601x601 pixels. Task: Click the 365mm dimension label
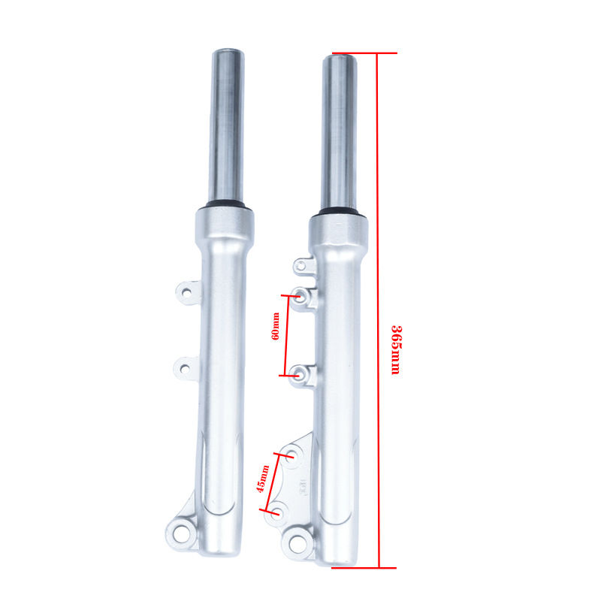pyautogui.click(x=396, y=350)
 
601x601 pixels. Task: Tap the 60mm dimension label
pyautogui.click(x=275, y=326)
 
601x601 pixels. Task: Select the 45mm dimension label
pyautogui.click(x=262, y=479)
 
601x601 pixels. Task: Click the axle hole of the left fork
pyautogui.click(x=181, y=533)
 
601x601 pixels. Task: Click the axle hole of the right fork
pyautogui.click(x=297, y=542)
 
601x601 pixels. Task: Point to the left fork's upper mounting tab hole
pyautogui.click(x=186, y=293)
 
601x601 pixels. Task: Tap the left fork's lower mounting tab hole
pyautogui.click(x=185, y=370)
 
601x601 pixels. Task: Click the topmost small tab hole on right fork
pyautogui.click(x=302, y=265)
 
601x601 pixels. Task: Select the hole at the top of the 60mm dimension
pyautogui.click(x=299, y=295)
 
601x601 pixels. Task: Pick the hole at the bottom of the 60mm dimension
pyautogui.click(x=297, y=373)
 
